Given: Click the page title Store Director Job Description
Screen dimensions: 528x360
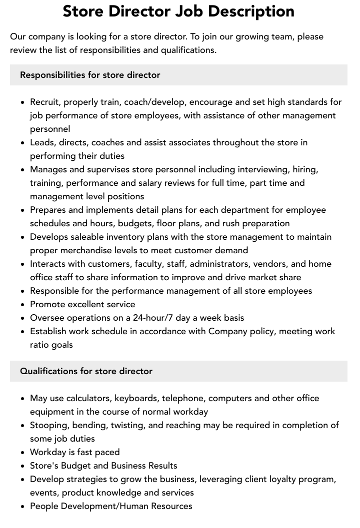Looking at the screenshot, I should [178, 11].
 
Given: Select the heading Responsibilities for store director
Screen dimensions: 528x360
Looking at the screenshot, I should [90, 75].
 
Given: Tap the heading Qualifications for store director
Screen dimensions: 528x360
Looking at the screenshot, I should [86, 371].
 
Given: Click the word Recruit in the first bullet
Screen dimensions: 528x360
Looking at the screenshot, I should [46, 102].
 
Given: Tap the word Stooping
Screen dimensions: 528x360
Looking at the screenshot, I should [49, 425].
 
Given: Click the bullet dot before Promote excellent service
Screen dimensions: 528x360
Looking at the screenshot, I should [22, 305].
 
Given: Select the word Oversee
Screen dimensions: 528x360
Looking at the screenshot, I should [47, 318].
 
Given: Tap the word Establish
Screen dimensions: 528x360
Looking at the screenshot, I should [49, 331].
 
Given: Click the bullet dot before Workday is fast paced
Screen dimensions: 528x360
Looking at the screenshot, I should [22, 453].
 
